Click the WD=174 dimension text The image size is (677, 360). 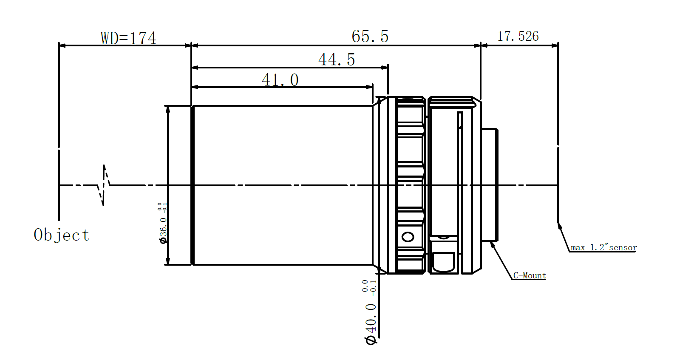coord(128,38)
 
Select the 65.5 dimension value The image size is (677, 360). coord(370,37)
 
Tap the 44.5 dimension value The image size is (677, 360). coord(337,60)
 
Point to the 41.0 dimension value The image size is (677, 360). coord(280,80)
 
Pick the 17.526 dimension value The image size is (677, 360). coord(518,37)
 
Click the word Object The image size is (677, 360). coord(62,235)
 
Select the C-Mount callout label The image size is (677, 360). coord(530,275)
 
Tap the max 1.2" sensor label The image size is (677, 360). coord(603,247)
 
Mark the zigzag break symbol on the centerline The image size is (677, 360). coord(104,185)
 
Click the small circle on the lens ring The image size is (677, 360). coord(408,237)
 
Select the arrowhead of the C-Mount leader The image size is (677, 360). coord(493,244)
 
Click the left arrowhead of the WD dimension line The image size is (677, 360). coord(62,45)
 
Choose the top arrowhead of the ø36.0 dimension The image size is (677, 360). coord(168,109)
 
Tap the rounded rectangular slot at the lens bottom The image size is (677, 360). coord(443,262)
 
